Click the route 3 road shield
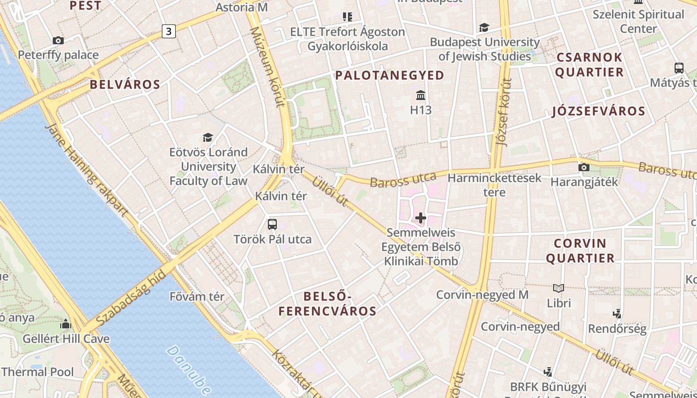tap(169, 31)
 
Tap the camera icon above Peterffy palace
tap(58, 40)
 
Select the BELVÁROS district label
tap(125, 84)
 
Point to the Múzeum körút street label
tap(267, 67)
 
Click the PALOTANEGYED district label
tap(389, 75)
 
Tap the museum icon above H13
tap(421, 95)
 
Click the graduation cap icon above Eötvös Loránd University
tap(208, 137)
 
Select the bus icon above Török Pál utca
tap(272, 224)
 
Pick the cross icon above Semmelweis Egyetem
tap(421, 218)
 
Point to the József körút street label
tap(504, 112)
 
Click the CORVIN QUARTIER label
tap(580, 251)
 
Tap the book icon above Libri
tap(559, 288)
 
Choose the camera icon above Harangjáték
tap(583, 167)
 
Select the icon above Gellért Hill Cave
tap(66, 324)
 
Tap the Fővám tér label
tap(197, 297)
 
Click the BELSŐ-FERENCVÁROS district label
tap(327, 304)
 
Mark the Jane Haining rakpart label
tap(87, 169)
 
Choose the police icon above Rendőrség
tap(617, 313)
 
